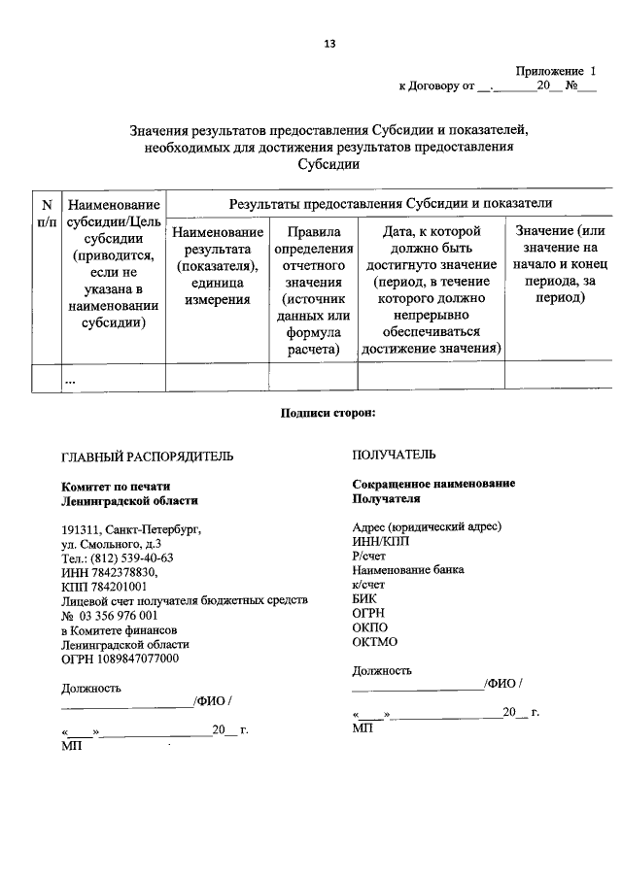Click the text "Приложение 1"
pos(555,71)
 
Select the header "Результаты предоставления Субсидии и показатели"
pos(390,203)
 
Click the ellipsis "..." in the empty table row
pos(70,379)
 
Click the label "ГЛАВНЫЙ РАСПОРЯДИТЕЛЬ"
pos(147,456)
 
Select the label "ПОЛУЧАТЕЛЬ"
pos(394,455)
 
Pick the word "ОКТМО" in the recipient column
pos(375,642)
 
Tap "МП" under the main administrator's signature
pos(71,747)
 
